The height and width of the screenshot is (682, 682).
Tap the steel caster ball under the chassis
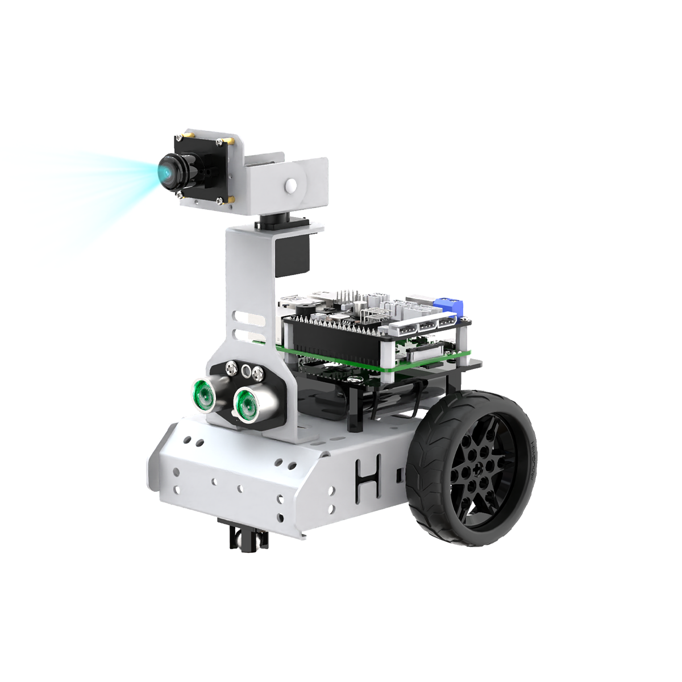pos(248,537)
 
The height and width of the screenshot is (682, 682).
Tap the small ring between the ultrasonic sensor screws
pos(246,372)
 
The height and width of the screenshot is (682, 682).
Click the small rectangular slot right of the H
pos(399,474)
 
